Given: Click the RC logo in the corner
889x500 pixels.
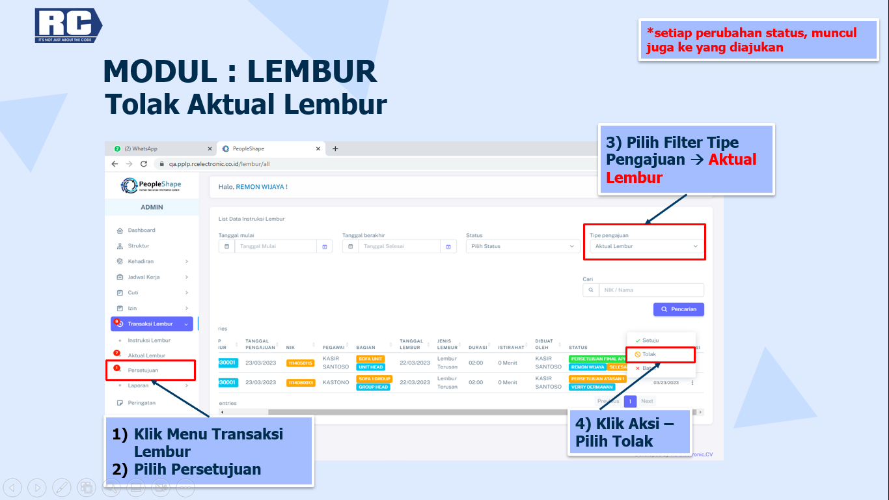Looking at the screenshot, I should click(x=68, y=25).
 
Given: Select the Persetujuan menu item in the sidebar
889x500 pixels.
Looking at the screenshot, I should click(x=143, y=370).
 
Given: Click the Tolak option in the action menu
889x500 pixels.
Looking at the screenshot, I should click(x=649, y=354).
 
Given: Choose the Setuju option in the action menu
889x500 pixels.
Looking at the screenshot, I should click(x=650, y=340).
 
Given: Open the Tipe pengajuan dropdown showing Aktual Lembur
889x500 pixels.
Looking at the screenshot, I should click(x=646, y=247).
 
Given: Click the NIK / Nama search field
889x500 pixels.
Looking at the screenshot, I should click(x=650, y=290).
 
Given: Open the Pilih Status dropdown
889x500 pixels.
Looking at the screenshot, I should click(x=523, y=247).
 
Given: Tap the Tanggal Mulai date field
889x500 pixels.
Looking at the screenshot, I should click(x=276, y=247).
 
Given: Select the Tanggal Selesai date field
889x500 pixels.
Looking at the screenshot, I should click(x=400, y=247).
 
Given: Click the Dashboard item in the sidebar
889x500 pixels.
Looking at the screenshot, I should click(x=141, y=230).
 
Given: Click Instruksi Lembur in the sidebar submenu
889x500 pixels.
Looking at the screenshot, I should click(x=149, y=340).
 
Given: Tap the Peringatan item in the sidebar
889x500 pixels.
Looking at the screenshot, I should click(x=141, y=403).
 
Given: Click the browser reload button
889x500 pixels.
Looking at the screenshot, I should click(x=144, y=164).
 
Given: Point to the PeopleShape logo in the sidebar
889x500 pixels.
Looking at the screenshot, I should click(x=152, y=186).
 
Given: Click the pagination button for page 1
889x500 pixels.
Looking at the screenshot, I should click(x=629, y=401).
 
